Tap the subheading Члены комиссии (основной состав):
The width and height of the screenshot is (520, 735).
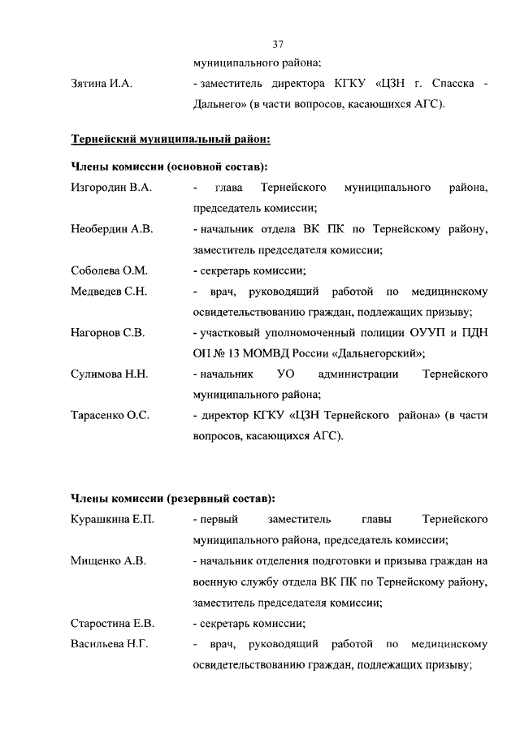(169, 167)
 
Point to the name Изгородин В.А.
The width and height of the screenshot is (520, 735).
(111, 188)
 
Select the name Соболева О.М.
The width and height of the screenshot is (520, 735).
(109, 271)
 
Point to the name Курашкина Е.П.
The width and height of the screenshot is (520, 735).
(113, 519)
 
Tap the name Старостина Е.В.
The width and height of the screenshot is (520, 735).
(113, 624)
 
